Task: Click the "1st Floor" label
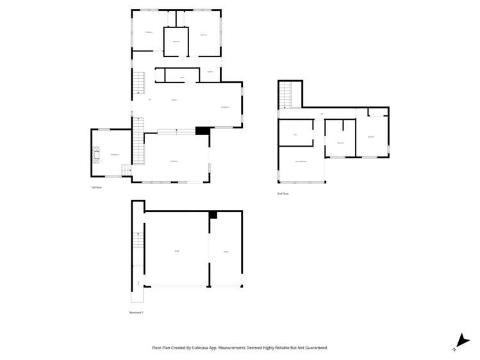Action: click(97, 187)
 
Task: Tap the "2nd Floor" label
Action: click(283, 193)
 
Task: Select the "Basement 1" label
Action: click(137, 313)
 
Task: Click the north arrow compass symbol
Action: click(459, 342)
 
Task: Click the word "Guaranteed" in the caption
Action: click(314, 348)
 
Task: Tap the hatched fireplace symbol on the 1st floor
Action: click(95, 154)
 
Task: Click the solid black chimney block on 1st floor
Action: click(203, 131)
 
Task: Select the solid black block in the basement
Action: click(213, 215)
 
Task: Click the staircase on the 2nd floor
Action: click(285, 96)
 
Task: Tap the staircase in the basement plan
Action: click(138, 241)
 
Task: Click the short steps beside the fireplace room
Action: click(126, 170)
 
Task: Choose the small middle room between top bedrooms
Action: click(176, 42)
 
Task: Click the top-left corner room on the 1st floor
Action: click(147, 31)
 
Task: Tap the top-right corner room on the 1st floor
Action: click(204, 33)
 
